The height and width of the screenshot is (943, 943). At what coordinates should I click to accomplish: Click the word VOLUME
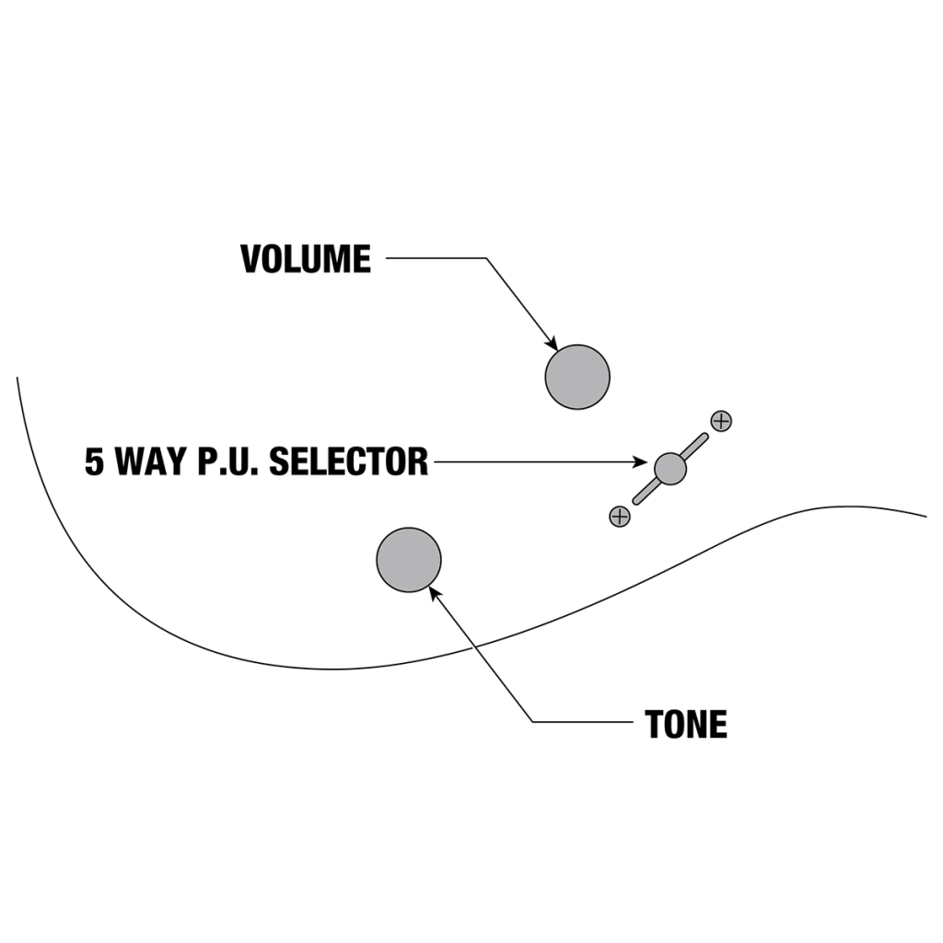tap(306, 259)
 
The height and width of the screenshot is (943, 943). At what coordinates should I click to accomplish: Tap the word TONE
tap(686, 725)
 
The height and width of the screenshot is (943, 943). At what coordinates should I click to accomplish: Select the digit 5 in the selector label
tap(95, 461)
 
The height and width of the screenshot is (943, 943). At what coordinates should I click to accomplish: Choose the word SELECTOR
tap(348, 461)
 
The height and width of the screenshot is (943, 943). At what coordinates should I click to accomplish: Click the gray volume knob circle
tap(577, 377)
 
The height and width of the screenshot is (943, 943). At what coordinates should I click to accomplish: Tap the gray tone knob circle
tap(409, 560)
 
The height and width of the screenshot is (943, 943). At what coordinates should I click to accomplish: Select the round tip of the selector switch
tap(670, 468)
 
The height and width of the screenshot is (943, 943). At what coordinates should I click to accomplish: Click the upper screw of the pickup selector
tap(721, 421)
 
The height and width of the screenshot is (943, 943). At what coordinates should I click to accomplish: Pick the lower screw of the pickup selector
tap(620, 517)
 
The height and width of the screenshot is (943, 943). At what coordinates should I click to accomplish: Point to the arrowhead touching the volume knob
tap(553, 343)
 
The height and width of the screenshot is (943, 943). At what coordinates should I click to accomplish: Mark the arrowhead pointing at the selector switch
tap(646, 462)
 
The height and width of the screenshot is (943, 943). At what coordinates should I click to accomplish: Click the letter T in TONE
tap(654, 725)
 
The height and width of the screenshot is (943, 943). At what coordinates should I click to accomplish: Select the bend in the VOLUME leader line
tap(485, 259)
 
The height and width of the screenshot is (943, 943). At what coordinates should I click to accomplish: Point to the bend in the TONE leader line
tap(533, 721)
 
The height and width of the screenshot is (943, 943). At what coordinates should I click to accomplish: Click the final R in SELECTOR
tap(419, 461)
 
